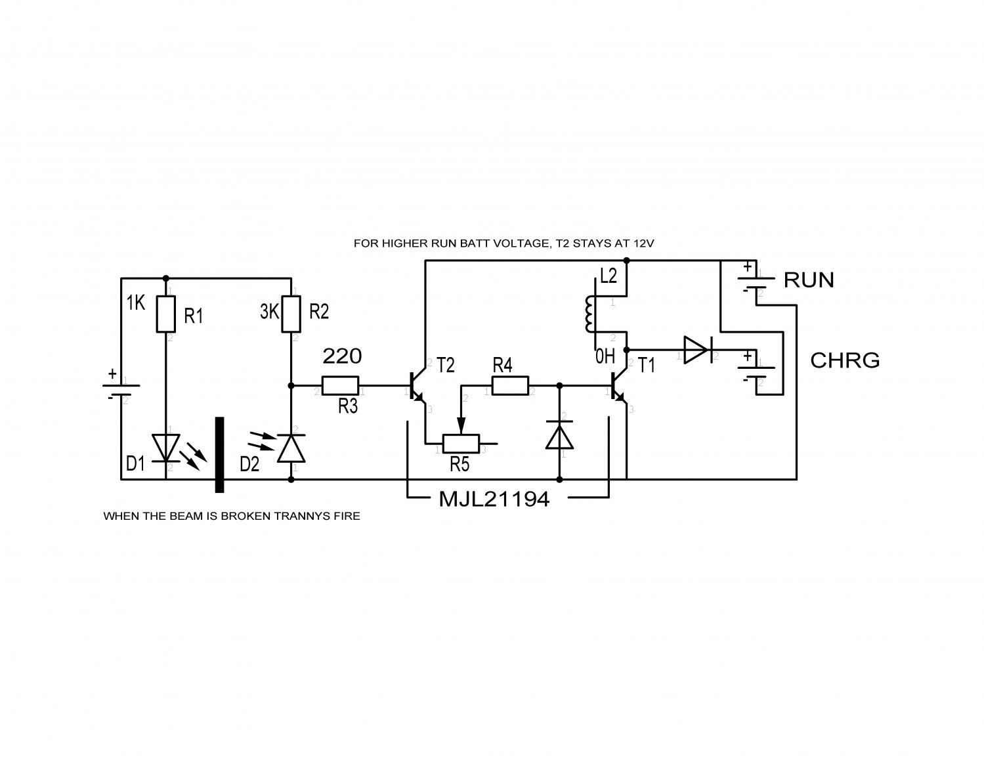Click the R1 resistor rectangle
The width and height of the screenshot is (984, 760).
pos(165,314)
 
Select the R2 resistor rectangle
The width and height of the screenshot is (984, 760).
pos(291,314)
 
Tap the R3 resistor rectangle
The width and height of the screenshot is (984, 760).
pos(340,386)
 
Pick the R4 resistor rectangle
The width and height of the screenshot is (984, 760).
pos(510,386)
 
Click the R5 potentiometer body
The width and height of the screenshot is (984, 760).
pos(461,444)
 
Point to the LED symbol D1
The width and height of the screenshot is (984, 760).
pos(165,448)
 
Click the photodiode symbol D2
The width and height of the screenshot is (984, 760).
pos(291,448)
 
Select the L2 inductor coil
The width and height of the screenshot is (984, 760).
pos(589,314)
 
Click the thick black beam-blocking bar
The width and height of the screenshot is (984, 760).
pos(219,454)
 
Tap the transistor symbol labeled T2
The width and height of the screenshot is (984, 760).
pos(417,386)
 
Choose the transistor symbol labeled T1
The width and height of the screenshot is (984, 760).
pos(618,386)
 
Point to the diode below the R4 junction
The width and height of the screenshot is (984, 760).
pos(559,434)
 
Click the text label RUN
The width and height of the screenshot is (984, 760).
pos(809,280)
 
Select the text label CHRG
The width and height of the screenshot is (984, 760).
pos(845,360)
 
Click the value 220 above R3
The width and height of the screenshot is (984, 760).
pos(342,356)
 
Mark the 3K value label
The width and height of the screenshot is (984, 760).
pos(269,312)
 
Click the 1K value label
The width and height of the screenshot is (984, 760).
pos(136,303)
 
